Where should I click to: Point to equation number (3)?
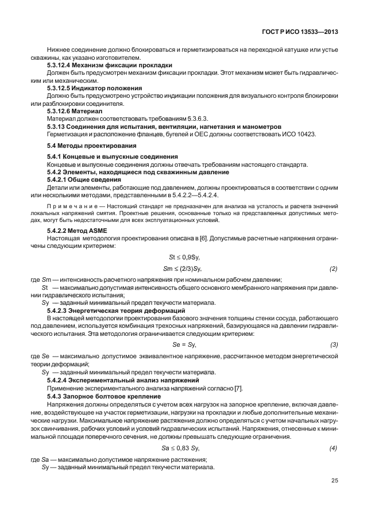tap(333, 344)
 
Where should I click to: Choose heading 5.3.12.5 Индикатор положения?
tap(95, 89)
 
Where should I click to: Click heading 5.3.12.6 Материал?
tap(75, 111)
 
